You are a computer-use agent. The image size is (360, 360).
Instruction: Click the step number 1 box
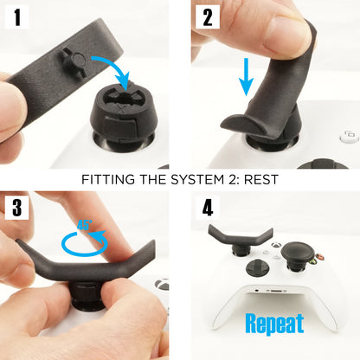pyautogui.click(x=16, y=17)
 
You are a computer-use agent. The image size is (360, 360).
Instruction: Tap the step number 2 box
pyautogui.click(x=207, y=17)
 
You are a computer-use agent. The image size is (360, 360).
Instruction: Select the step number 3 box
pyautogui.click(x=16, y=209)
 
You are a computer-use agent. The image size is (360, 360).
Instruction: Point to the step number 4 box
pyautogui.click(x=207, y=209)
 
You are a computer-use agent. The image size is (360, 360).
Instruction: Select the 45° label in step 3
pyautogui.click(x=85, y=224)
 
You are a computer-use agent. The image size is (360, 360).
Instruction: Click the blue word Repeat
pyautogui.click(x=274, y=324)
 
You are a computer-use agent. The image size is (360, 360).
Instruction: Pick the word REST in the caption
pyautogui.click(x=260, y=180)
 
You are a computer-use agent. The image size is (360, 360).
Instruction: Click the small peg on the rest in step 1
pyautogui.click(x=73, y=60)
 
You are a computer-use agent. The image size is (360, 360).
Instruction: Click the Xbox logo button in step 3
pyautogui.click(x=162, y=285)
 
